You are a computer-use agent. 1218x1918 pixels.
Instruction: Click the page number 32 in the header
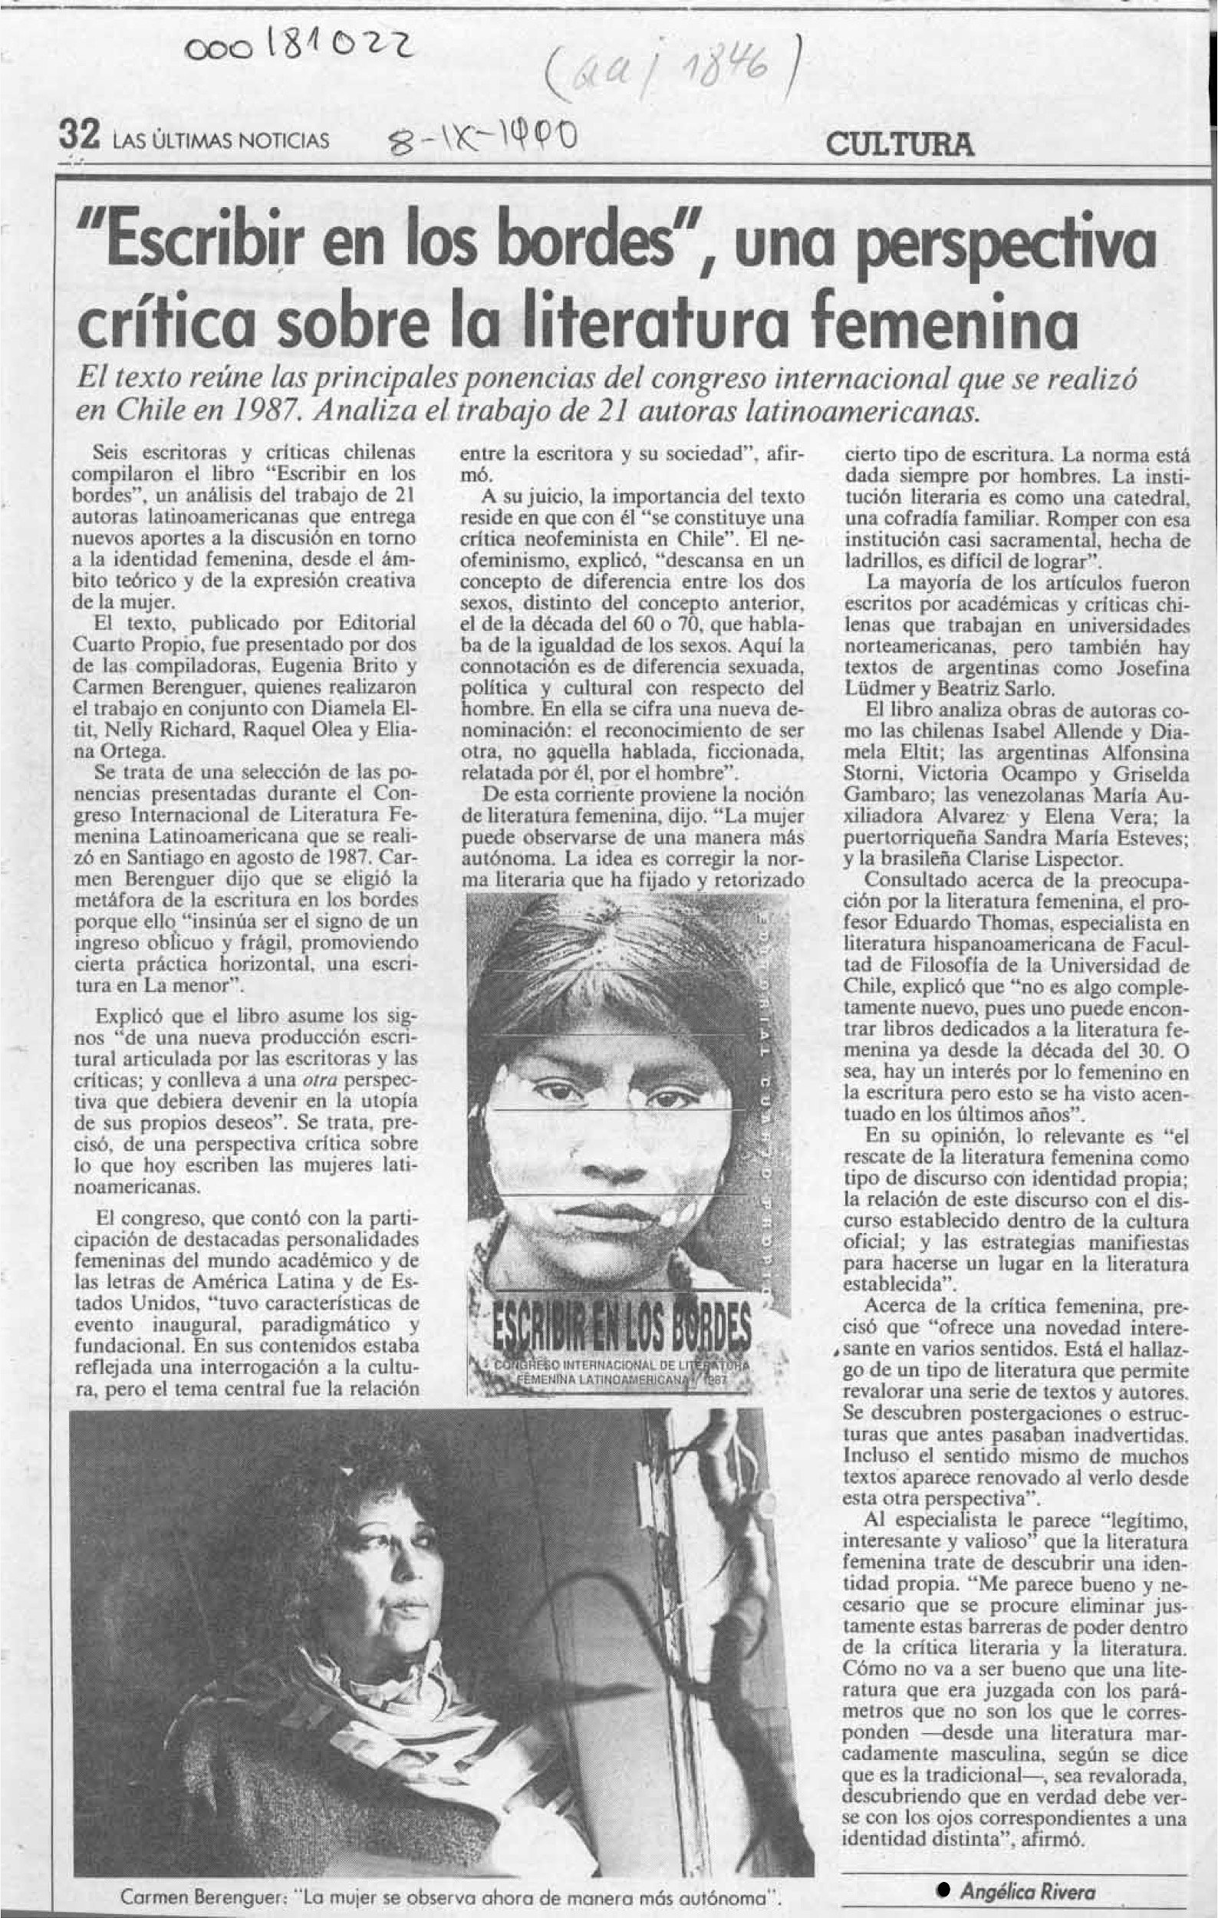(79, 139)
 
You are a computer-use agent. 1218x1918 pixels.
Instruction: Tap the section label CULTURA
(900, 144)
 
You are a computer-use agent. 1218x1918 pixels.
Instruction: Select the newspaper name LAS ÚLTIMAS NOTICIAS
(222, 142)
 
